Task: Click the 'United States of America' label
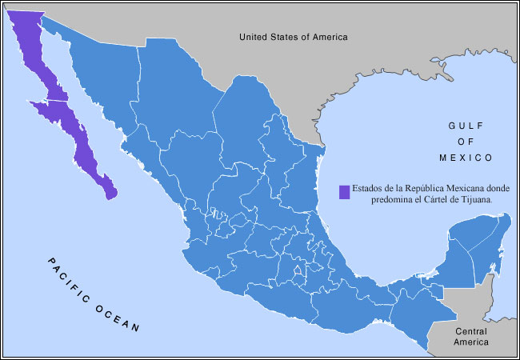[x=294, y=36]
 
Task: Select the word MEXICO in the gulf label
[x=470, y=157]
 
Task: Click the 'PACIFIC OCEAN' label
[x=92, y=294]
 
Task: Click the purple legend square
[x=343, y=192]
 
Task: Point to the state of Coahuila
[x=248, y=120]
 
